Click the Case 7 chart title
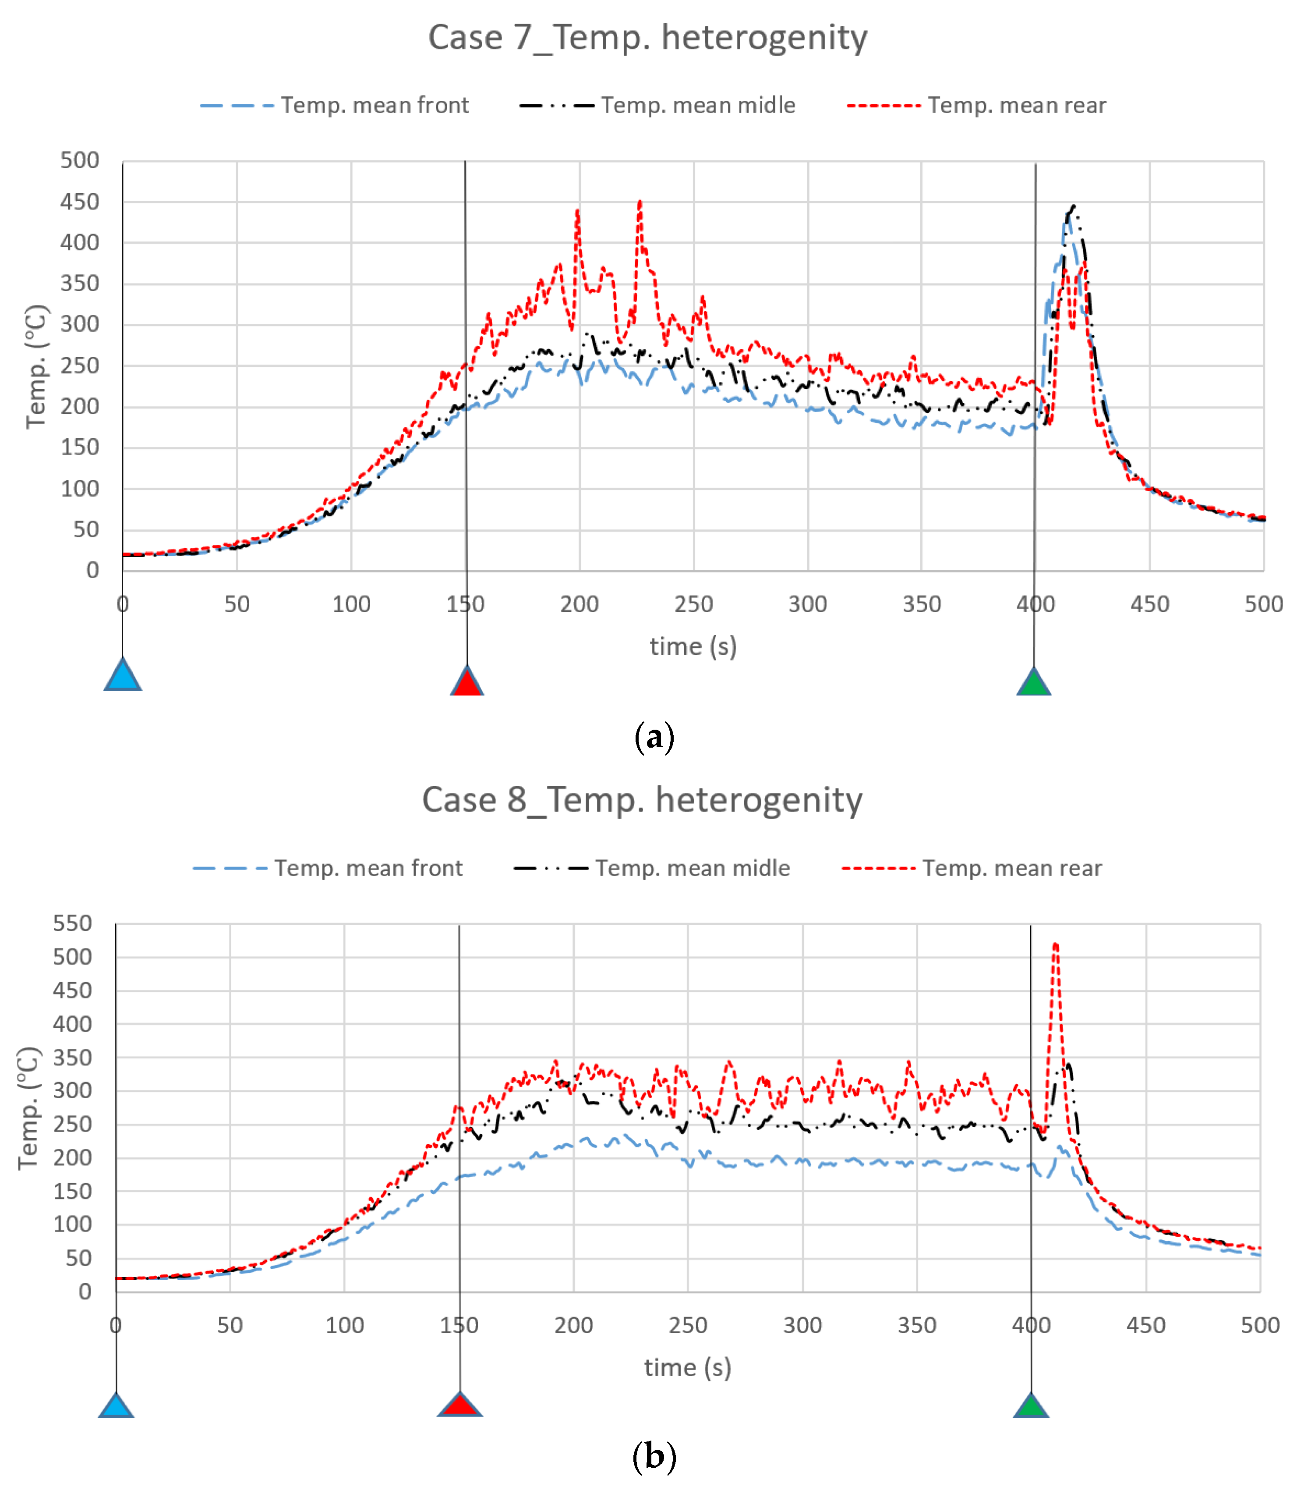(648, 38)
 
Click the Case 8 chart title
(642, 800)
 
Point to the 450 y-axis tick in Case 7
(80, 202)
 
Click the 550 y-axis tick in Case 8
(72, 923)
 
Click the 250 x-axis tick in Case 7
(693, 604)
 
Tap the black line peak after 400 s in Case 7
(1073, 206)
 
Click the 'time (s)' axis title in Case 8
(688, 1367)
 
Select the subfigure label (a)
(654, 738)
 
